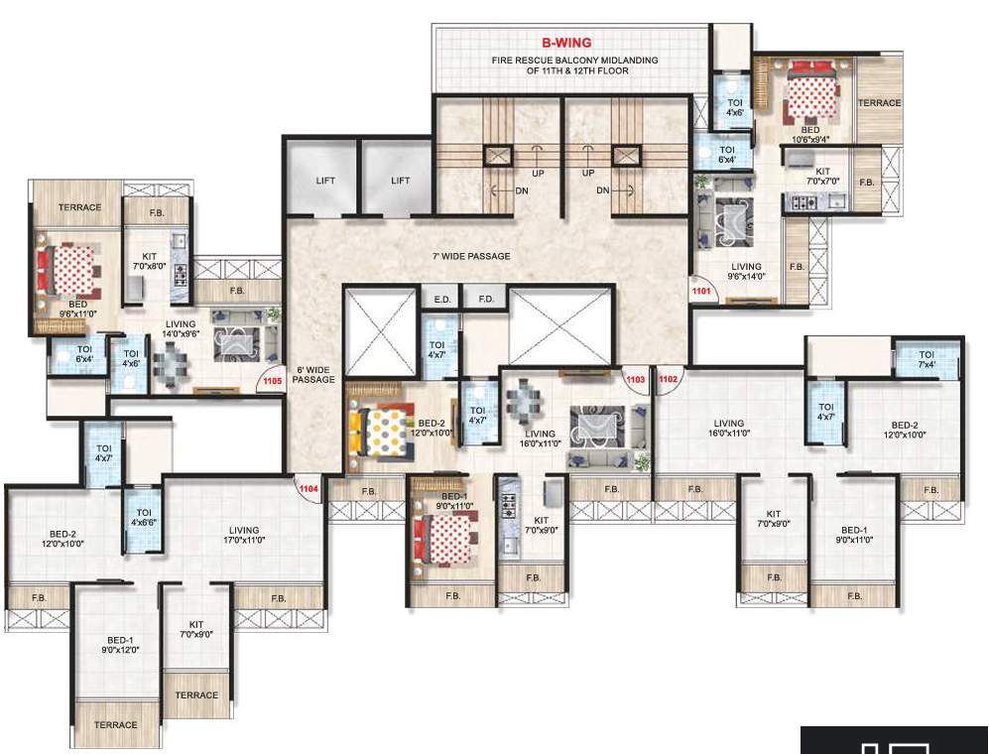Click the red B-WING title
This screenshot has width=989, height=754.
click(566, 43)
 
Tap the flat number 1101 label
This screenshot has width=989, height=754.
click(702, 292)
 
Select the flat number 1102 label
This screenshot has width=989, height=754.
click(668, 378)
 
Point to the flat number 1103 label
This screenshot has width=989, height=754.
click(635, 378)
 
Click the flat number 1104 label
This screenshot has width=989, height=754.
click(309, 488)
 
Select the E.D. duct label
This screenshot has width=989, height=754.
click(440, 298)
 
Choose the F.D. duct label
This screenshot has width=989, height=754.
click(486, 298)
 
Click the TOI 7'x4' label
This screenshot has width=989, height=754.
click(927, 360)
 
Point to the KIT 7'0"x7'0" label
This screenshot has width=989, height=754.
click(821, 176)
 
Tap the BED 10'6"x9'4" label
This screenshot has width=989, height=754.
click(810, 135)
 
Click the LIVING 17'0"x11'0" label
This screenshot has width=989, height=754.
click(243, 536)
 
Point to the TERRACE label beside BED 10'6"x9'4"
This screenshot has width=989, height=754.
click(879, 103)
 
